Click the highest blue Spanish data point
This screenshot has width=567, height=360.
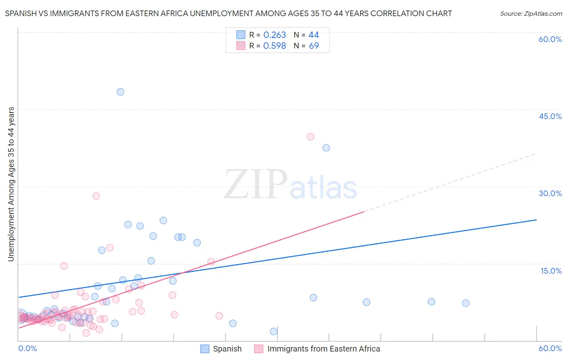pos(120,92)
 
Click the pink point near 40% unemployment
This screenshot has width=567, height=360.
pos(310,137)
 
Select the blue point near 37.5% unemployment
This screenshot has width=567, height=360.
pos(326,148)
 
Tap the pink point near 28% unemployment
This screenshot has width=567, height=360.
pos(96,196)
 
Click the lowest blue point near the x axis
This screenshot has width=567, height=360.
pos(273,331)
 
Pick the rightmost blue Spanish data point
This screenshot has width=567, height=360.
pos(465,303)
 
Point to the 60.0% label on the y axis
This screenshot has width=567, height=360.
pos(550,39)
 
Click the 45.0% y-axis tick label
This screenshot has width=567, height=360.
pos(550,116)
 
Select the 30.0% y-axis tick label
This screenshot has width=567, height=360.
pos(550,193)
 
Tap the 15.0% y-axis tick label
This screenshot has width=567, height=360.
pos(551,271)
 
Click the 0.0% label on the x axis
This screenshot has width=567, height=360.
pos(27,348)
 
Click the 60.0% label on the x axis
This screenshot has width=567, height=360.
pos(550,348)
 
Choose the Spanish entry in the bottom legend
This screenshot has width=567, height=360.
pos(227,349)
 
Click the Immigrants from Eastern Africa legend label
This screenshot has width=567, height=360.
pos(323,349)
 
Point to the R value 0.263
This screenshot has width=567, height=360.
pos(274,35)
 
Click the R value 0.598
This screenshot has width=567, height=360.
pos(274,46)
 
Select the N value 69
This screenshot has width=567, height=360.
pos(314,46)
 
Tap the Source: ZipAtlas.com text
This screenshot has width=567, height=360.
pos(531,14)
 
